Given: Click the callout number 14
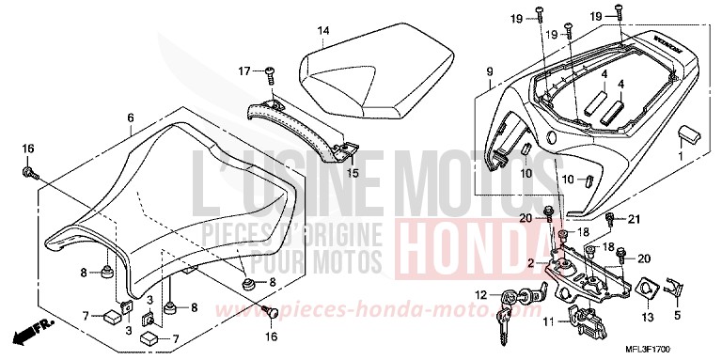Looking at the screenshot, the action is coord(322,31).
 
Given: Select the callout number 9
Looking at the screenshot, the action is coord(489,71).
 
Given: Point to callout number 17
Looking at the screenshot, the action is coord(243,70).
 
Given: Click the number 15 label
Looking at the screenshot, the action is coord(353,173).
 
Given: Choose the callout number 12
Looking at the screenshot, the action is coord(480,294).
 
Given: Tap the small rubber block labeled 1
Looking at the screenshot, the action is coord(688,134).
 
